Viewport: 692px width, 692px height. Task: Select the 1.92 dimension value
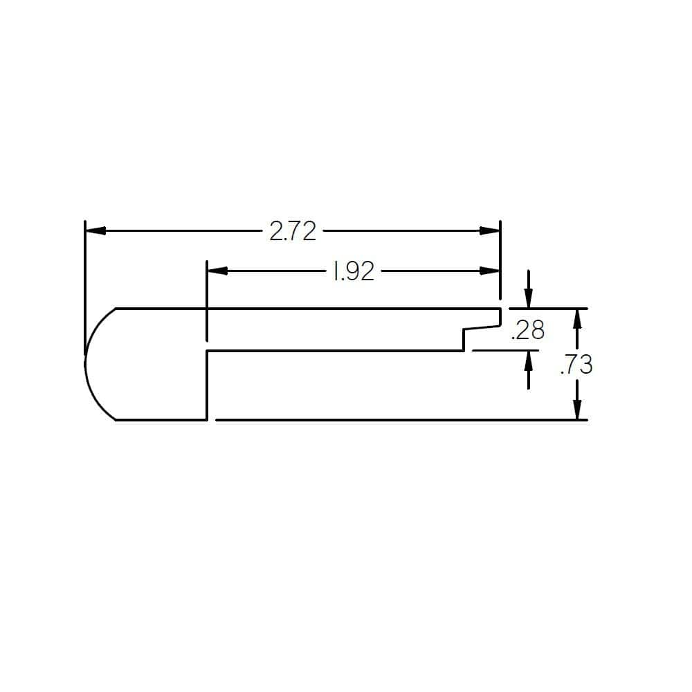point(353,272)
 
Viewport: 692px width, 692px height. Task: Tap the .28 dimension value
point(527,331)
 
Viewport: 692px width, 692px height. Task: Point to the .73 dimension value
point(576,364)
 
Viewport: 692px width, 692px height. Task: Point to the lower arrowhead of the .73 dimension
point(577,410)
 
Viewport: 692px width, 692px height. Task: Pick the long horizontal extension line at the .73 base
point(401,419)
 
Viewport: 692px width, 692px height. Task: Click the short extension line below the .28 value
point(505,351)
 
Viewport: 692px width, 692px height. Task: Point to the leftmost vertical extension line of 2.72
point(84,277)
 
